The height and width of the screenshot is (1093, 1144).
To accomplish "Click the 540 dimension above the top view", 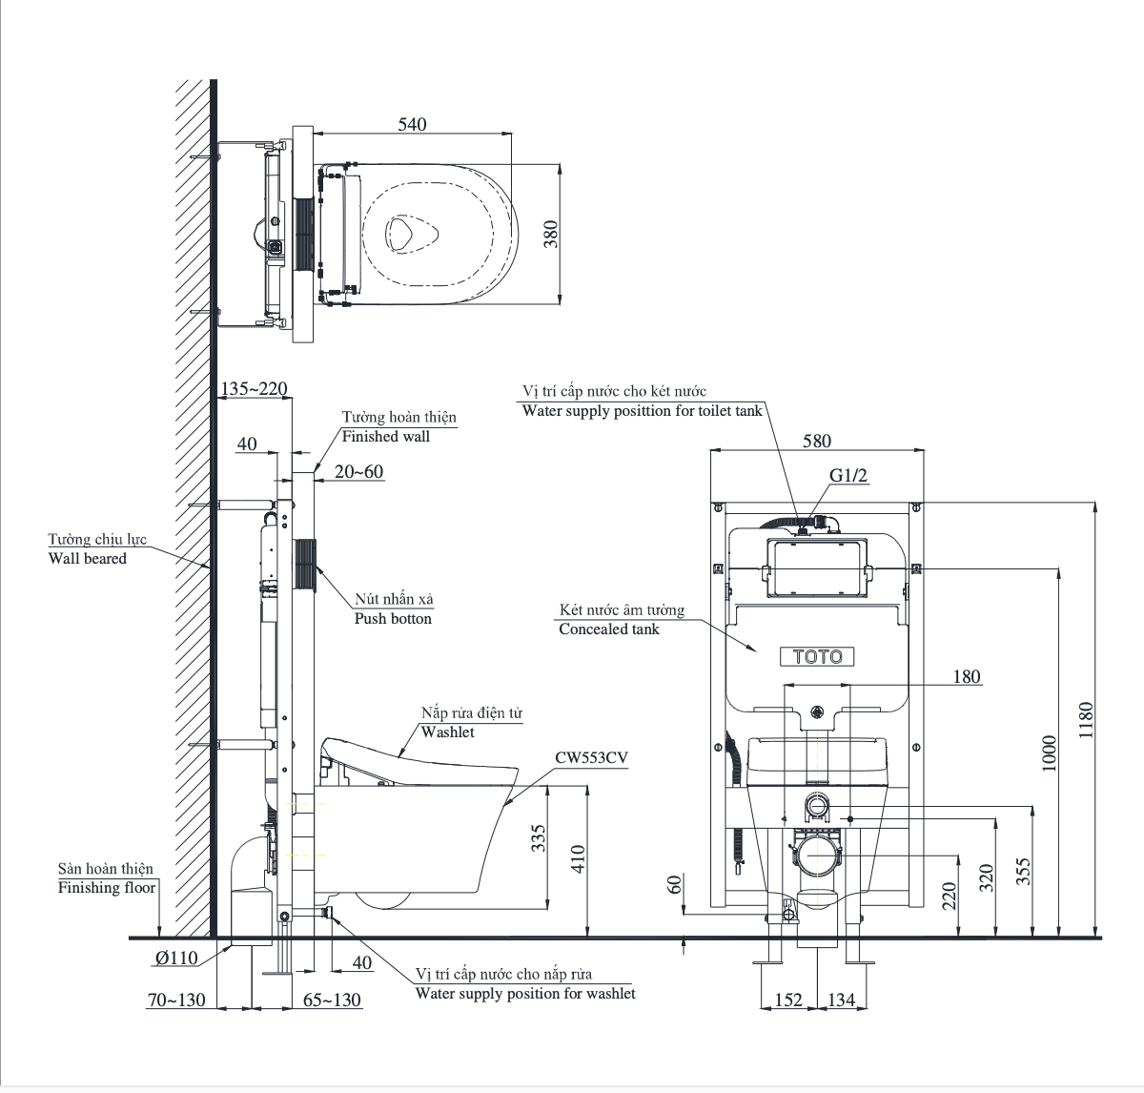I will [412, 124].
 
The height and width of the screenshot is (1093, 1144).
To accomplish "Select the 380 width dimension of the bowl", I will [550, 235].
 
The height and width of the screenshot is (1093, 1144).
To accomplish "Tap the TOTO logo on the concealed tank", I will [817, 656].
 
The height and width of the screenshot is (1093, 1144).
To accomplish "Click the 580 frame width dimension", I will [816, 441].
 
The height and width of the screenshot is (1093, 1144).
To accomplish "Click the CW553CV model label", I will [591, 757].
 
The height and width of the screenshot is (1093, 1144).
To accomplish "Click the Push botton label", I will [393, 618].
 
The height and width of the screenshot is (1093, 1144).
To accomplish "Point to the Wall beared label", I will [88, 558].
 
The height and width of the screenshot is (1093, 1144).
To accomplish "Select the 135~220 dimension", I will [254, 389].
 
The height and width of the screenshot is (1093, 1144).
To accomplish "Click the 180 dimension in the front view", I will [966, 676].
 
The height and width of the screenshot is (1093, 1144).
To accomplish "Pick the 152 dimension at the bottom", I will [787, 1000].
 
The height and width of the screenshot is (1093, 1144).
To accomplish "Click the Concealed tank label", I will [609, 629].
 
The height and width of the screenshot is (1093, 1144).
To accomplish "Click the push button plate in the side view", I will [306, 567].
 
